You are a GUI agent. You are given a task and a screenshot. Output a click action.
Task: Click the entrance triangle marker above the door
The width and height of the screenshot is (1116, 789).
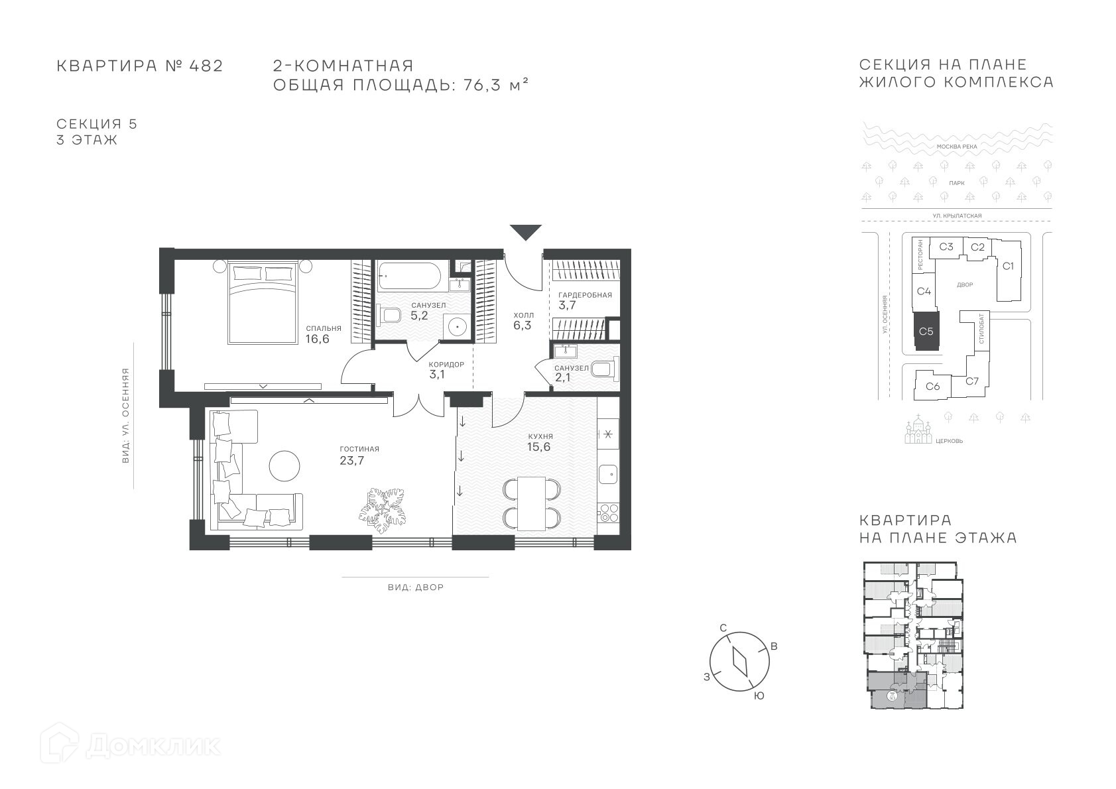[x=525, y=232]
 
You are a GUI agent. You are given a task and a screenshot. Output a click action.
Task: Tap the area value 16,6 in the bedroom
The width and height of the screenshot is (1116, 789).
[x=318, y=339]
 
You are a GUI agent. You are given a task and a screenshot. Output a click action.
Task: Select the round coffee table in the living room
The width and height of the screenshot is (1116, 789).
[x=284, y=465]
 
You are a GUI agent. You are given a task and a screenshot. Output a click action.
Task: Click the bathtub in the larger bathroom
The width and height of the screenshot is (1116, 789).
[x=409, y=277]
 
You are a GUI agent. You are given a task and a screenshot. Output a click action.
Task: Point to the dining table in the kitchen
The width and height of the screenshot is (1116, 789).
[x=532, y=504]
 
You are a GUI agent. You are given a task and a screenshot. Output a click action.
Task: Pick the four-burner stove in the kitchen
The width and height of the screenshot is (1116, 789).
[x=608, y=513]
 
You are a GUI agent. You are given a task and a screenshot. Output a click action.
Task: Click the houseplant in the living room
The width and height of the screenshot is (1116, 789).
[x=383, y=511]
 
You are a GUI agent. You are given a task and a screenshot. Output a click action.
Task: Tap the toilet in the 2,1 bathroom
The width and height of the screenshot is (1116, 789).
[x=604, y=370]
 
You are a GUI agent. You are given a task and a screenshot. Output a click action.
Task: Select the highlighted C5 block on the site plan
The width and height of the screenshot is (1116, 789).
[x=926, y=332]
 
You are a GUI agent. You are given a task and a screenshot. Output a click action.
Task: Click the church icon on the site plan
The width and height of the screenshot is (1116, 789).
[x=918, y=430]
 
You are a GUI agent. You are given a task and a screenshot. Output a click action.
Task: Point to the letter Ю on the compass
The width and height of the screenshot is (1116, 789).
[x=759, y=696]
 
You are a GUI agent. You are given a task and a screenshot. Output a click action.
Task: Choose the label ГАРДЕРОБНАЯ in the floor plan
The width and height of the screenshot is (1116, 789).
[x=585, y=295]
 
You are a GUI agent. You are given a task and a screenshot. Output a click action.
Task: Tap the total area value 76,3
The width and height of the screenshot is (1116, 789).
[x=482, y=85]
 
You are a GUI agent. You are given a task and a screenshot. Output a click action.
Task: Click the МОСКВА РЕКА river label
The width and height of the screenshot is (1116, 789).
[x=957, y=147]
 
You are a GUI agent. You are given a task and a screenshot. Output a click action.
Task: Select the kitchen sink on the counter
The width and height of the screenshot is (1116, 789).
[x=608, y=473]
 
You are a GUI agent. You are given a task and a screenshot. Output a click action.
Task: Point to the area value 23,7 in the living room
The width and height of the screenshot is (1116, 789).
[x=351, y=461]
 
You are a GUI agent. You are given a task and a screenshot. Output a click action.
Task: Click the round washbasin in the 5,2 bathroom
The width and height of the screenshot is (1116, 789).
[x=458, y=327]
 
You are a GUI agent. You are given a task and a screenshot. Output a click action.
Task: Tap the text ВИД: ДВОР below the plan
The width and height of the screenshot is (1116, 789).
[x=416, y=587]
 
